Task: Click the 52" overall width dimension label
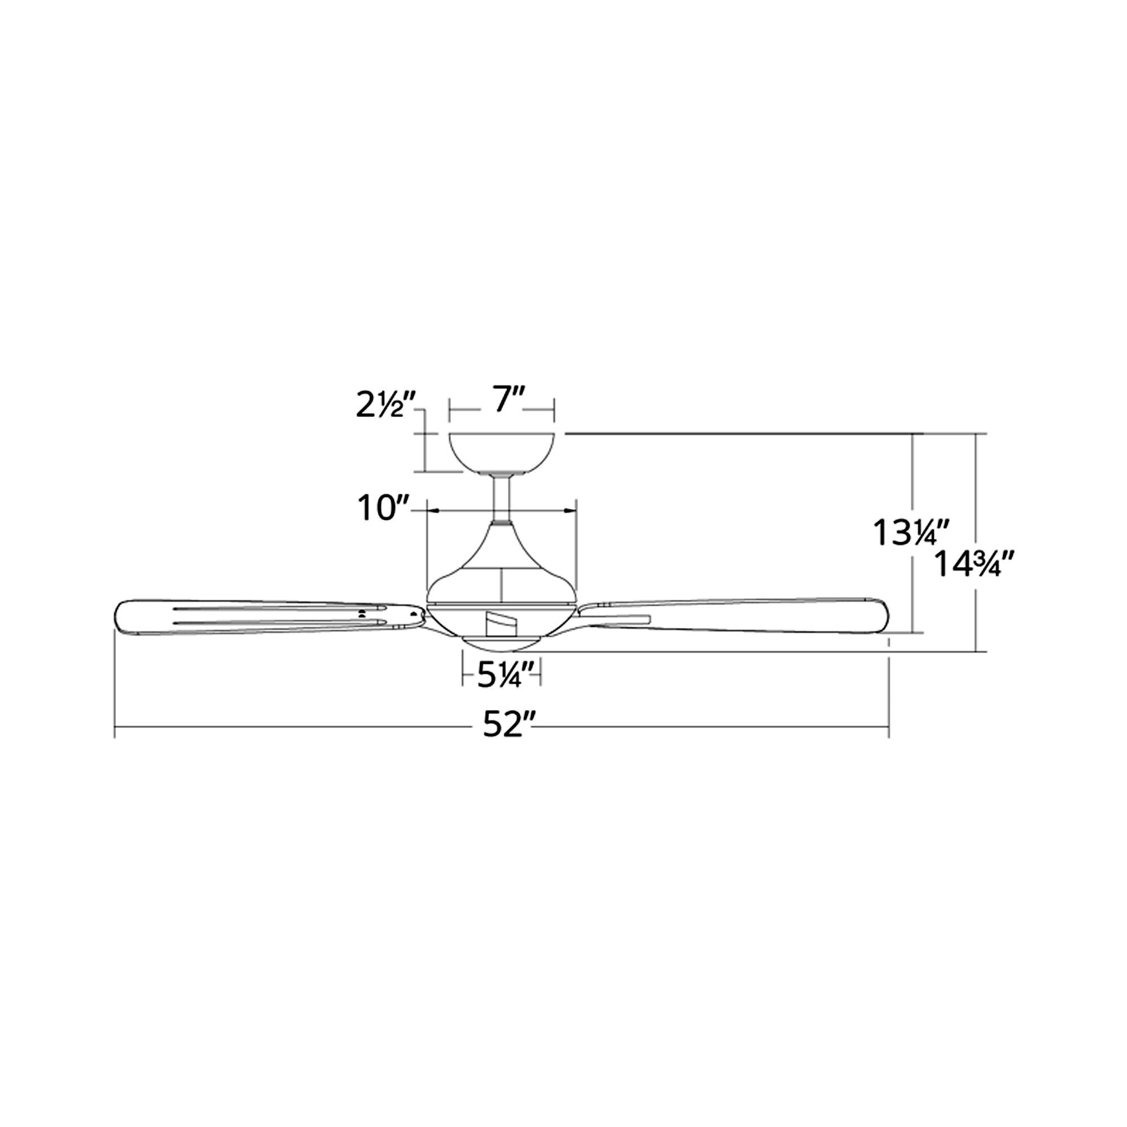[509, 726]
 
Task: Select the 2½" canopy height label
[385, 405]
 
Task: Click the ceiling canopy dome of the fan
[502, 452]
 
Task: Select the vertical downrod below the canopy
[501, 496]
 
